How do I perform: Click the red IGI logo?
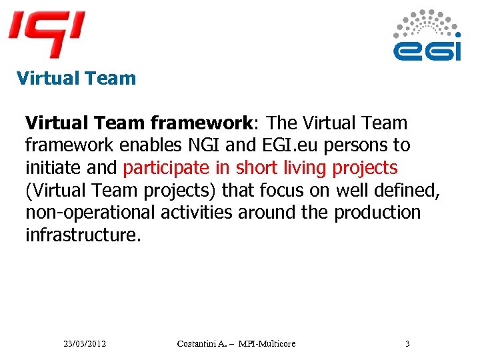click(x=46, y=33)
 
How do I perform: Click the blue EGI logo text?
click(x=427, y=50)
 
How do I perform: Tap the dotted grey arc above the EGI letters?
click(x=427, y=23)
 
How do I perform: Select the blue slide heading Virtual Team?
click(x=76, y=78)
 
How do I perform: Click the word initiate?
click(x=53, y=167)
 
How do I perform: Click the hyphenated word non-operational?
click(x=90, y=213)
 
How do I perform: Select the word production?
click(x=377, y=213)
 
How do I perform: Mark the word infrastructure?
click(x=83, y=235)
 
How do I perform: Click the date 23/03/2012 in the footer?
click(x=85, y=343)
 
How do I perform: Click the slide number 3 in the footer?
click(x=407, y=343)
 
